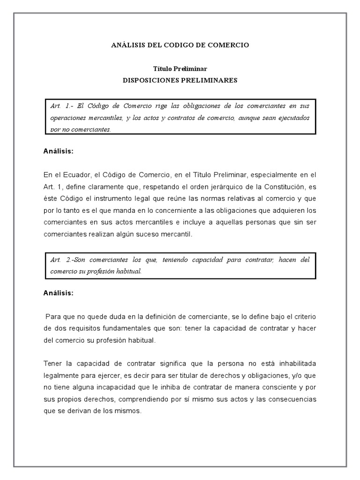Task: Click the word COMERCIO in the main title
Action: click(x=228, y=45)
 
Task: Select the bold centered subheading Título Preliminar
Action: click(x=180, y=68)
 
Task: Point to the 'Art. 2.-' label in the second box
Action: click(x=60, y=260)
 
